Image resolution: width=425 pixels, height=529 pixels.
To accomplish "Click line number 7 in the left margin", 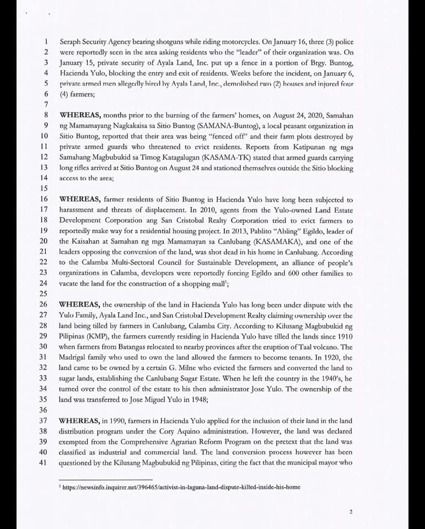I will pyautogui.click(x=46, y=104).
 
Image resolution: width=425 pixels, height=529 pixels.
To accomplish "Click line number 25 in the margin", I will pyautogui.click(x=44, y=294).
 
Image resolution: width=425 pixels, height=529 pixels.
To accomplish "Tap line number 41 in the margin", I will pyautogui.click(x=44, y=462).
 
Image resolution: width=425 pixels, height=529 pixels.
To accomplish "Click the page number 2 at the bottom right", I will pyautogui.click(x=351, y=511).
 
